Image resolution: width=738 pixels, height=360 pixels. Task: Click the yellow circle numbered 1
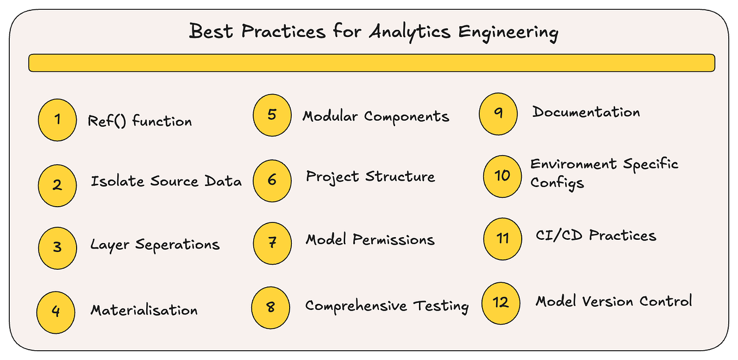click(x=58, y=119)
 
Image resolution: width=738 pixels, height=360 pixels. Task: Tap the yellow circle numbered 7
click(x=272, y=243)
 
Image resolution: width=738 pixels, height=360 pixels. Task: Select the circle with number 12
click(x=501, y=302)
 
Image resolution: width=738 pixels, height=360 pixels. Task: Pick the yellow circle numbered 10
click(x=502, y=176)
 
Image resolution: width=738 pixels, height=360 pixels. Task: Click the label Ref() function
click(x=140, y=121)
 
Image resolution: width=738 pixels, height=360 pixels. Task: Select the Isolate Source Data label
click(x=166, y=181)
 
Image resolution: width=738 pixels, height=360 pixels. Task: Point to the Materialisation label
click(x=144, y=310)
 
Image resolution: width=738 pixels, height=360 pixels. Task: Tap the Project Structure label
click(x=370, y=177)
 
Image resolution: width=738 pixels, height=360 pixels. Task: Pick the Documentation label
click(x=586, y=113)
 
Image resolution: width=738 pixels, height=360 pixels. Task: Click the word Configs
click(x=557, y=183)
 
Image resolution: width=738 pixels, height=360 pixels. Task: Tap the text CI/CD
click(x=560, y=235)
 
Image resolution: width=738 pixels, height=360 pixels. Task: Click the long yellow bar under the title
click(x=371, y=63)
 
